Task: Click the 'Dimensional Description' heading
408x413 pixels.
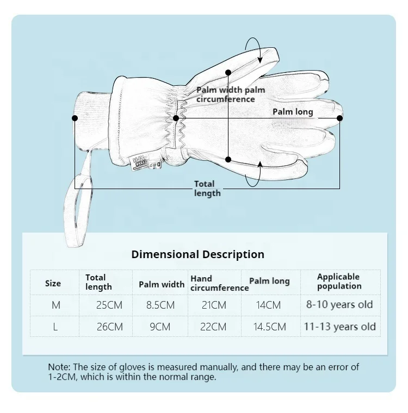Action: point(197,254)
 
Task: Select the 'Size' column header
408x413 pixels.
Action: point(53,283)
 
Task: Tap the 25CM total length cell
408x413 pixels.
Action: point(109,305)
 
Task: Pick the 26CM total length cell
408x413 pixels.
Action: point(109,327)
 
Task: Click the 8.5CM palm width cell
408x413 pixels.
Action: point(160,305)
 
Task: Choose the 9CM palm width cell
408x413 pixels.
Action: point(160,327)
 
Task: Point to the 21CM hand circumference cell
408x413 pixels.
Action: point(214,305)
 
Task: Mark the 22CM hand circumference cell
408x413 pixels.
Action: point(214,327)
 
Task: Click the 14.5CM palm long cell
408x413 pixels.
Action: point(271,327)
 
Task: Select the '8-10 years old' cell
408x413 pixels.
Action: point(339,304)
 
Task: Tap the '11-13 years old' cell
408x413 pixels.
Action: point(339,327)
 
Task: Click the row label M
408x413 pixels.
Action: point(56,305)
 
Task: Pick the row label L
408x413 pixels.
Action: point(55,327)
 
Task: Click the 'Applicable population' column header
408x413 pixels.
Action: point(339,281)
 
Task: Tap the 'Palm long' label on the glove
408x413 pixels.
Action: point(293,112)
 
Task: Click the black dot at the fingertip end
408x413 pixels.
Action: point(340,118)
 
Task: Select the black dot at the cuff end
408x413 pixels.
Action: point(75,118)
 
